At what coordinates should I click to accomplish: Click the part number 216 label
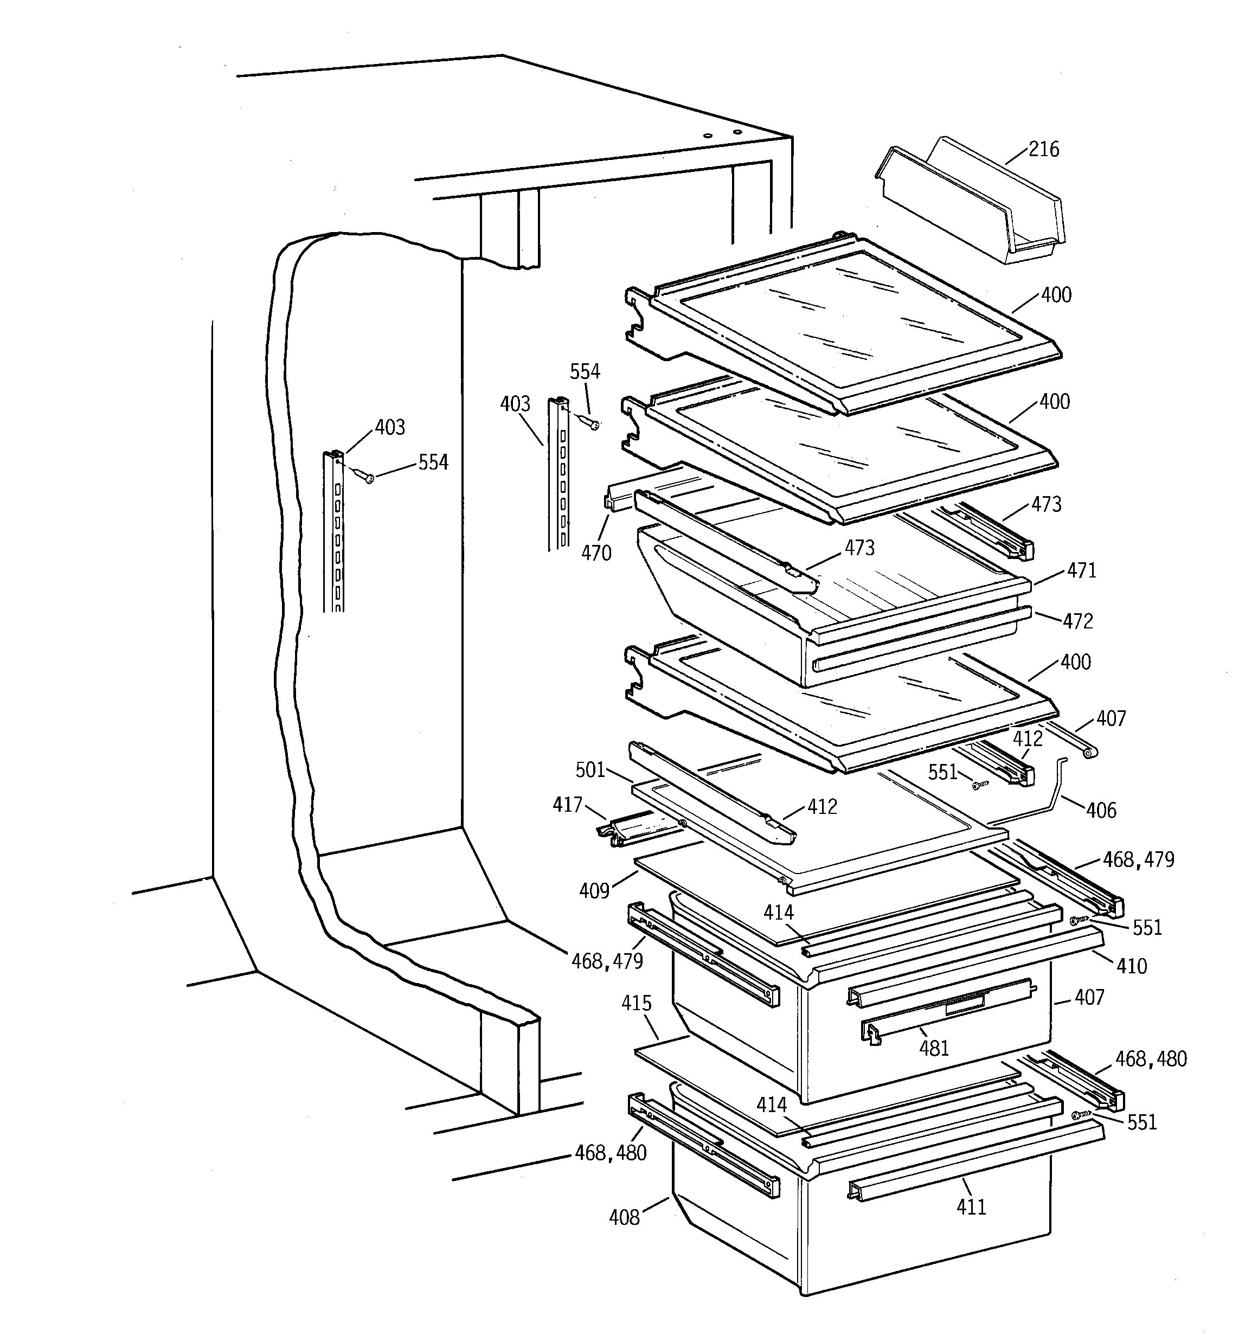point(1043,149)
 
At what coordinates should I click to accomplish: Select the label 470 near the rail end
point(596,553)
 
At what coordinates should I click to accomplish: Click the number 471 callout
point(1081,570)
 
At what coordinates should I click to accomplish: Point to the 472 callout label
point(1078,621)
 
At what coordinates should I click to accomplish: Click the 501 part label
point(590,770)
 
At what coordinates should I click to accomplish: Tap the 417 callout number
point(567,805)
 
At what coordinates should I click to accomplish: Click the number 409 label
point(594,891)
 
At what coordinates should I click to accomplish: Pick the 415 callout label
point(637,1003)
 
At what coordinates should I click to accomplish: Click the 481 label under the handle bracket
point(934,1048)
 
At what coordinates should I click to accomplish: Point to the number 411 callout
point(971,1207)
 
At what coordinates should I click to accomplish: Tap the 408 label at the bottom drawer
point(624,1217)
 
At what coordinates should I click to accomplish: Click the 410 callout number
point(1132,966)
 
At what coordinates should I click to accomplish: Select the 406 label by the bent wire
point(1101,810)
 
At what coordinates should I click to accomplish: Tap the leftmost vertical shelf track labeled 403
point(333,534)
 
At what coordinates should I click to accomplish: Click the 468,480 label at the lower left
point(611,1153)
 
